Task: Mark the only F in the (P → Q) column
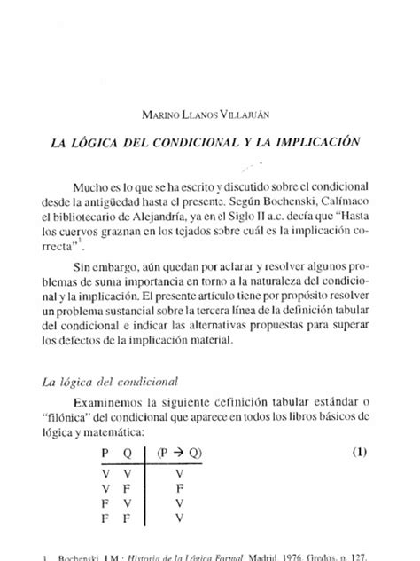(x=181, y=488)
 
